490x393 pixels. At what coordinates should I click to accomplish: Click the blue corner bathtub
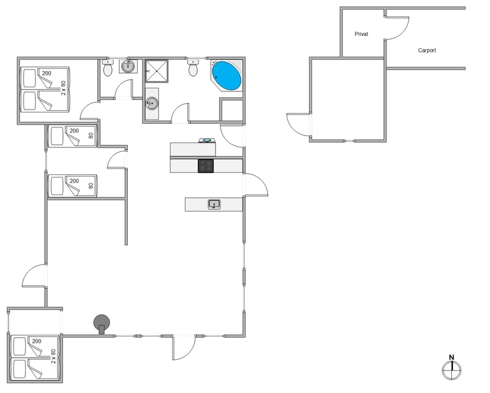(x=227, y=75)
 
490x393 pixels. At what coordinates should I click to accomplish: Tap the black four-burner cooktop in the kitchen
(x=206, y=166)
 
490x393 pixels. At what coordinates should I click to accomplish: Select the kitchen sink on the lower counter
(x=214, y=204)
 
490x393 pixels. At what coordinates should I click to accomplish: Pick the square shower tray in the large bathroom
(x=157, y=71)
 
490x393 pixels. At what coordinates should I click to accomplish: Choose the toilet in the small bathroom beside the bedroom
(x=108, y=68)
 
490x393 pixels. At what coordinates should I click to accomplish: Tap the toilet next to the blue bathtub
(x=193, y=68)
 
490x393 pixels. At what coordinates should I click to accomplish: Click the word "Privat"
(x=361, y=34)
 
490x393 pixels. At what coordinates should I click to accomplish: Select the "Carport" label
(x=427, y=50)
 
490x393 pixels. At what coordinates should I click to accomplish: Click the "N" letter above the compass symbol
(x=452, y=358)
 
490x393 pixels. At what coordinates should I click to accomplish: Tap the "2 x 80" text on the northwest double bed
(x=64, y=88)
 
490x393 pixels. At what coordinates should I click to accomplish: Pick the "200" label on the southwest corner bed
(x=37, y=341)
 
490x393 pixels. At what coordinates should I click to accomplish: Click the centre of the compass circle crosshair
(x=452, y=370)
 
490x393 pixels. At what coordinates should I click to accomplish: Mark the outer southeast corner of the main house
(x=245, y=337)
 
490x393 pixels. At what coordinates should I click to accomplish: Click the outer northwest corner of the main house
(x=17, y=57)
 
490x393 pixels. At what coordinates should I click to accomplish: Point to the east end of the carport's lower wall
(x=465, y=68)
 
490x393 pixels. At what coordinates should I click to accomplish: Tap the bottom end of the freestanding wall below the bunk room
(x=126, y=245)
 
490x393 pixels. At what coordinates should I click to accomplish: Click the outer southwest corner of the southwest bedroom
(x=7, y=382)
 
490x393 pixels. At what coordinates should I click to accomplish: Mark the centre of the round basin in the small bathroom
(x=128, y=66)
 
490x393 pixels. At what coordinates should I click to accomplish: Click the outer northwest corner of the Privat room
(x=340, y=7)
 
